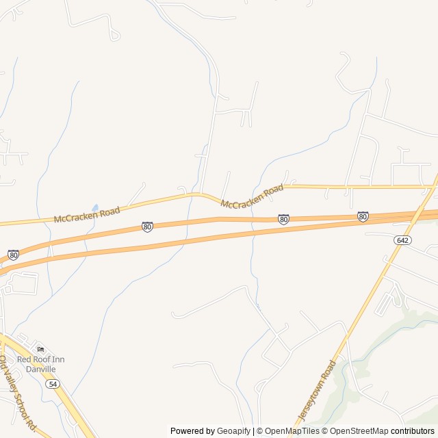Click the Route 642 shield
402,240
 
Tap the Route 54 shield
53,385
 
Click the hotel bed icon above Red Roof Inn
40,349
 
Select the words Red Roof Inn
40,359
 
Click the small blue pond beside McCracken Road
95,207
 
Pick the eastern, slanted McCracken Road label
252,195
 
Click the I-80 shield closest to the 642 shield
363,217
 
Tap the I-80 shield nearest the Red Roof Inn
14,255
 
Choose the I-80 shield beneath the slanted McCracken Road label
283,219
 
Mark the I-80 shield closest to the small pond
147,227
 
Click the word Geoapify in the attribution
233,431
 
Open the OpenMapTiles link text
292,431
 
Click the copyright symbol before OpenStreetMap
325,431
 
